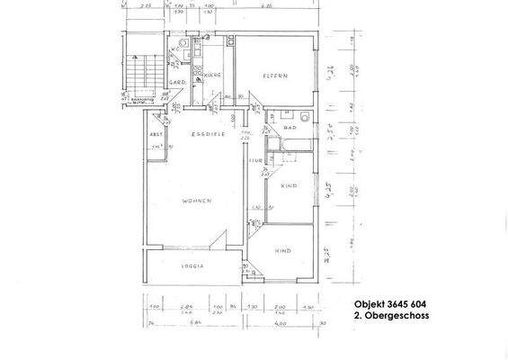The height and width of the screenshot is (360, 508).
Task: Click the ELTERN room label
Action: pos(274,75)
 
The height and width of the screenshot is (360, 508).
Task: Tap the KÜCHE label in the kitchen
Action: pos(212,74)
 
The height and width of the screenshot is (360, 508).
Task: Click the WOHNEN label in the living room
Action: pos(195,201)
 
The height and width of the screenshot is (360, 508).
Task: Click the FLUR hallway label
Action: pos(255,162)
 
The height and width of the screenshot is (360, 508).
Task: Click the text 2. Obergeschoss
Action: pos(390,317)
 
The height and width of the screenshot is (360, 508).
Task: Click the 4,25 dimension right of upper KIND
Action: pos(331,191)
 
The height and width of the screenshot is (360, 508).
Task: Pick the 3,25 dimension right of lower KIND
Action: pos(331,254)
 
